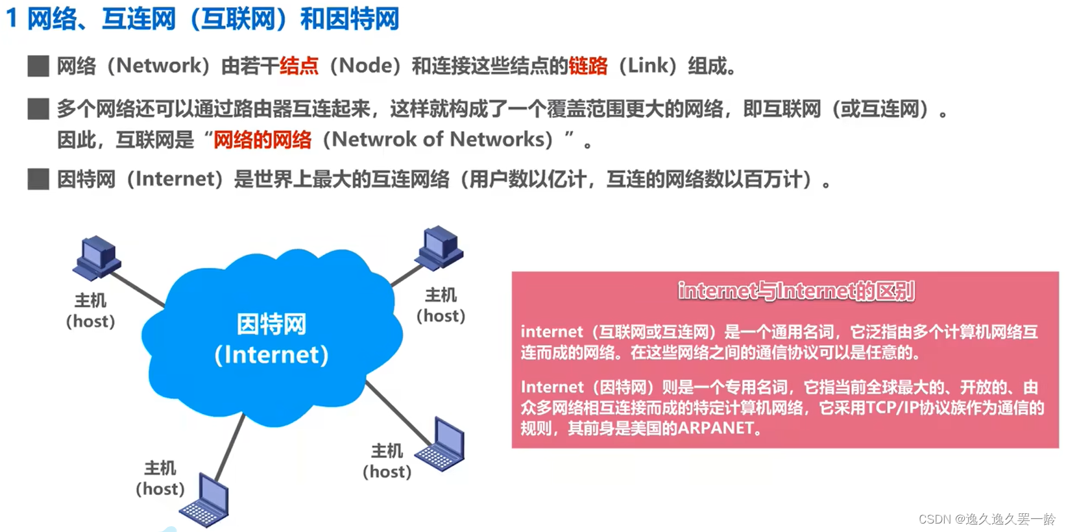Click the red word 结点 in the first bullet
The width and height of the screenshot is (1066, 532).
pyautogui.click(x=299, y=66)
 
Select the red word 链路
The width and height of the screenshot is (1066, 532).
pyautogui.click(x=588, y=66)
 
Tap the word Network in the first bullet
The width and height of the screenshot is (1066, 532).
pyautogui.click(x=159, y=66)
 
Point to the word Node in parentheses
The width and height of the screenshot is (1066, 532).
pyautogui.click(x=365, y=66)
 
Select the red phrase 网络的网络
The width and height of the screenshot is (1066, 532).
pyautogui.click(x=262, y=139)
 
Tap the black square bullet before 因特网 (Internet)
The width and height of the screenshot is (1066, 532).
pyautogui.click(x=38, y=179)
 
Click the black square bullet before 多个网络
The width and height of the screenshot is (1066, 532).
pyautogui.click(x=38, y=109)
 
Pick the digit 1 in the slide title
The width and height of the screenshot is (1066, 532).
pyautogui.click(x=11, y=19)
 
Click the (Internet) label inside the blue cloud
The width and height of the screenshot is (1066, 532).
pyautogui.click(x=271, y=355)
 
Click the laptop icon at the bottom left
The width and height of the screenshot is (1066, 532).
pyautogui.click(x=206, y=502)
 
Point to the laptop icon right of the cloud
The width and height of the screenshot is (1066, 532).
pyautogui.click(x=442, y=445)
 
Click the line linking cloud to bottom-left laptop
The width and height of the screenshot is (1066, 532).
pyautogui.click(x=230, y=447)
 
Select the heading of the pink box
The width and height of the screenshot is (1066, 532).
pyautogui.click(x=796, y=291)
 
